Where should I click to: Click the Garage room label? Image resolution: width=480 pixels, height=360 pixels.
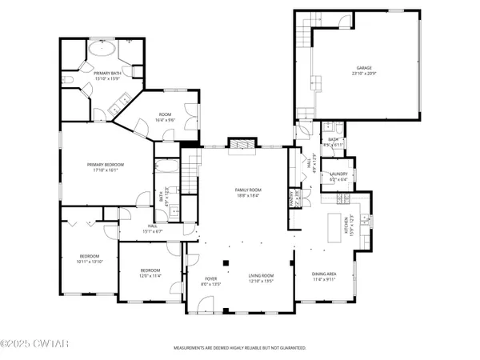coord(364,70)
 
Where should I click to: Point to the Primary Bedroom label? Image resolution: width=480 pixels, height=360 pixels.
coord(106,166)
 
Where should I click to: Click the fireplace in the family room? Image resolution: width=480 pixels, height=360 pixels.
coord(239,143)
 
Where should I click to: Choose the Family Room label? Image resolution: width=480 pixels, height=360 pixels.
coord(248,192)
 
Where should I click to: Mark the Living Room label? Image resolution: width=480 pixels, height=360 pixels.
coord(261,277)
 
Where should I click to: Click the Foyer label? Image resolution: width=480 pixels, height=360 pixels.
coord(209,281)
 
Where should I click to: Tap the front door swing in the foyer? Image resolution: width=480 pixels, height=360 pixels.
coord(206,304)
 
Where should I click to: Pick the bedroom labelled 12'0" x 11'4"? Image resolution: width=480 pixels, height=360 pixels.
coord(150,273)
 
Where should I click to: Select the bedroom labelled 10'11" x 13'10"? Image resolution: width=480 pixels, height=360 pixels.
coord(89,259)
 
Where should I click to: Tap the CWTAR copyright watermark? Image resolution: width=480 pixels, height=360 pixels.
coord(26,346)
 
